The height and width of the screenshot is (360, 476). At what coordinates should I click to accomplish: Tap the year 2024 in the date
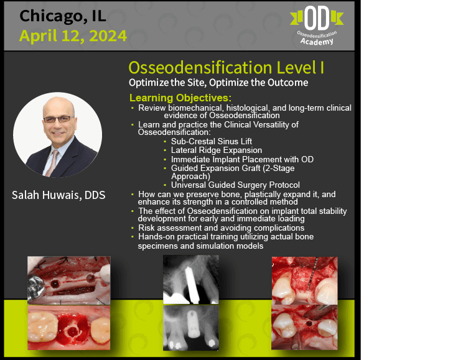(x=108, y=36)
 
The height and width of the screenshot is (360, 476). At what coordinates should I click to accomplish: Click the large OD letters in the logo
(x=317, y=18)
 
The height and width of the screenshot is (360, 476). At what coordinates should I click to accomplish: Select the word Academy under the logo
(x=317, y=41)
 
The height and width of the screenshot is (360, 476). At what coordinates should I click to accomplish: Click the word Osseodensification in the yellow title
(x=200, y=67)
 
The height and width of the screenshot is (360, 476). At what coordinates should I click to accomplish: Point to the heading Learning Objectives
(x=180, y=98)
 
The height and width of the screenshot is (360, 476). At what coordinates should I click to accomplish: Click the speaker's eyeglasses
(x=58, y=119)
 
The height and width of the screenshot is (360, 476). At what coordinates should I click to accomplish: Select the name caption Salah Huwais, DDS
(x=58, y=195)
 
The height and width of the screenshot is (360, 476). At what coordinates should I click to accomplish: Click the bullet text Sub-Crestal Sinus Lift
(x=212, y=141)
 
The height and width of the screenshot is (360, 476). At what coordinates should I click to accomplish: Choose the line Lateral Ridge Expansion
(x=217, y=150)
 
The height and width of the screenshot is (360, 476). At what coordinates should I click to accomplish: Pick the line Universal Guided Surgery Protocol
(x=235, y=185)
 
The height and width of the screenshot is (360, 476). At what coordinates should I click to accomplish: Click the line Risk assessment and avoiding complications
(x=222, y=228)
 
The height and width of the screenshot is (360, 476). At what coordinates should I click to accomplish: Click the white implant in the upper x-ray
(x=192, y=285)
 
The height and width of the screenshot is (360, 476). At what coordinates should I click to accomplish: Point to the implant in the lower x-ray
(x=194, y=324)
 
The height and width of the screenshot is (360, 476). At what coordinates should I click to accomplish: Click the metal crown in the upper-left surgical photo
(x=36, y=287)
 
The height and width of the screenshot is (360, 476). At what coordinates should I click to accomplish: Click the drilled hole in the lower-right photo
(x=309, y=323)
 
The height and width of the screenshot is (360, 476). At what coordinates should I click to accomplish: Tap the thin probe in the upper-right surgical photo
(x=312, y=274)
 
